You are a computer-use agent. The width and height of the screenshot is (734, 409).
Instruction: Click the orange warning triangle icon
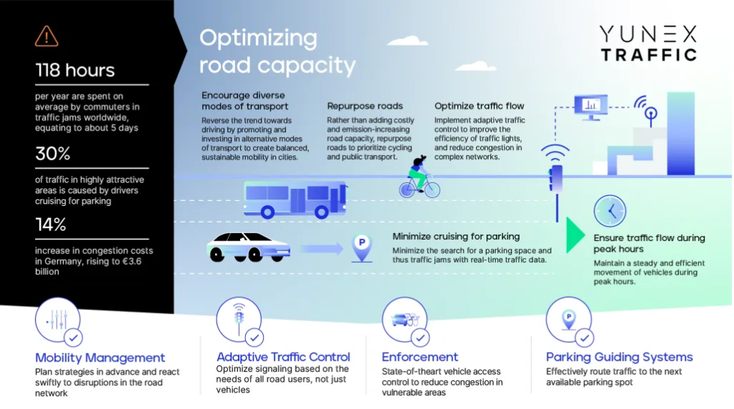coord(47,37)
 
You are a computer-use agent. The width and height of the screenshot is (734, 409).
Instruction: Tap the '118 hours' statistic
coord(75,70)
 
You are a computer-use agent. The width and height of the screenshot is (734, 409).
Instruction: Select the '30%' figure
coord(52,154)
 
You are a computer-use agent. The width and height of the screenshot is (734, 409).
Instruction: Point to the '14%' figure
coord(51,225)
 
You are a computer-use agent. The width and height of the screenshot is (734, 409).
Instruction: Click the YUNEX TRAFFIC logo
coord(648,44)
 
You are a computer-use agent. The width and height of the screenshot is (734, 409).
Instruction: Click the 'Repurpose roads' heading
coord(365,106)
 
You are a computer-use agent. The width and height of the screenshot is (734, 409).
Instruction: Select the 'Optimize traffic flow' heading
coord(479,106)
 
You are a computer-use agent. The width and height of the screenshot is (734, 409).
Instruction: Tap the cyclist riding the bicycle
coord(419,177)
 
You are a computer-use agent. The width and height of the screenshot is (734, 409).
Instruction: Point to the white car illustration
coord(249,247)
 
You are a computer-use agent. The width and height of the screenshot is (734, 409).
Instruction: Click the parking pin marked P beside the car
coord(362,248)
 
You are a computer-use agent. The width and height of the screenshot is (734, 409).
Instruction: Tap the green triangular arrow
coord(574,235)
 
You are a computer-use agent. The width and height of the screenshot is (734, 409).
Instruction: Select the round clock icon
coord(609,211)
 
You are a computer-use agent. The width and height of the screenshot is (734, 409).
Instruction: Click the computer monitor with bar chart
coord(591,108)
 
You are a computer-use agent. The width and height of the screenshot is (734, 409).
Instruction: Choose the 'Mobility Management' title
coord(100,357)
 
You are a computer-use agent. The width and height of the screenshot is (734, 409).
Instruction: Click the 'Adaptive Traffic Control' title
coord(282,357)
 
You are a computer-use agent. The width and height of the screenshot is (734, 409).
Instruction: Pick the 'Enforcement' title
coord(419,357)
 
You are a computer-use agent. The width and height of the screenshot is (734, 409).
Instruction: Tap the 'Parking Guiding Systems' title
coord(619,357)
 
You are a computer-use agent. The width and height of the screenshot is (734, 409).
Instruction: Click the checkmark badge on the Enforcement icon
coord(420,337)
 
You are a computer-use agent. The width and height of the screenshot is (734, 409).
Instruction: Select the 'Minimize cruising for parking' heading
coord(456,237)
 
